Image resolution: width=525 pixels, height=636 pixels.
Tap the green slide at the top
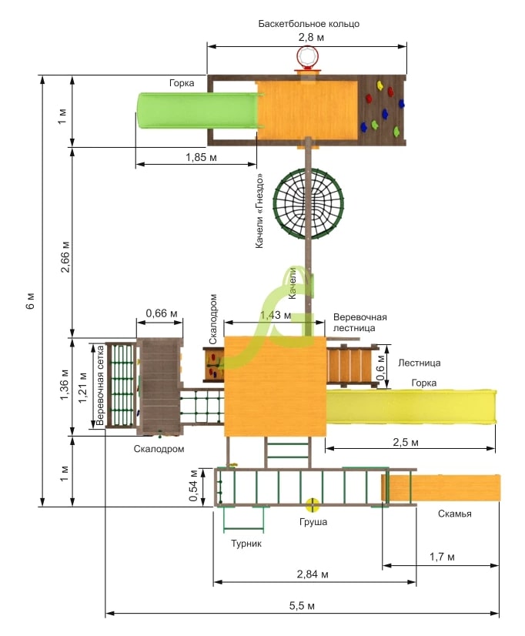199,110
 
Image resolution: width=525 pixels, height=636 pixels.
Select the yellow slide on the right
411,407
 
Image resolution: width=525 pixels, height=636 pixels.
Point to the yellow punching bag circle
313,505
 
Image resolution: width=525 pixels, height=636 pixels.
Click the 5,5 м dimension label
302,605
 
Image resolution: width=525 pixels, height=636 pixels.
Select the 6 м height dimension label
31,300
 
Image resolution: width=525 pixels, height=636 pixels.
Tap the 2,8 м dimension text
311,37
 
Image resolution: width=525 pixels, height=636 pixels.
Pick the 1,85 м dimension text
201,157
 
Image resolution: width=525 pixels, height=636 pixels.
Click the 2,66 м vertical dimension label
65,257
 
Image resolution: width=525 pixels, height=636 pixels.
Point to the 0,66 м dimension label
162,313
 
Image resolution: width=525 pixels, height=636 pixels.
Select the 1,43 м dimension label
276,315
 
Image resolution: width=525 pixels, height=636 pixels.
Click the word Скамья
454,514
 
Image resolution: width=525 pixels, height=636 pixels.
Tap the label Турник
246,544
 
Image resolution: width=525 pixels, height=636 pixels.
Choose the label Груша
313,522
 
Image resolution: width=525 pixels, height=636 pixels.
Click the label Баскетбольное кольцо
309,24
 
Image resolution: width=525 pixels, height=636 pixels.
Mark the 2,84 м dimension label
313,574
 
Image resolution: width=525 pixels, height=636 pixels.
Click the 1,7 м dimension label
442,557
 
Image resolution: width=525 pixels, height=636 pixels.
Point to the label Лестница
420,363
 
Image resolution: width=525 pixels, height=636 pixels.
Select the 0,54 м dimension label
193,486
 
